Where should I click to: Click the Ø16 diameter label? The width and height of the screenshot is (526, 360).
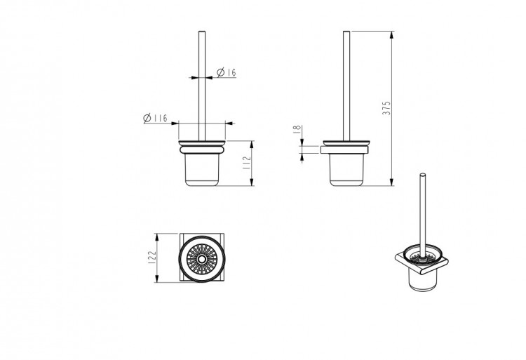[227, 72]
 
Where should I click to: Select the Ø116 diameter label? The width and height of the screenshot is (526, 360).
[155, 118]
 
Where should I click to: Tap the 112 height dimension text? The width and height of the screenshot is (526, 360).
[247, 163]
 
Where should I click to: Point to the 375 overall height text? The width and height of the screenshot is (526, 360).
[386, 108]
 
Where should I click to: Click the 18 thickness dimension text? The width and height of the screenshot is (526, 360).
[297, 130]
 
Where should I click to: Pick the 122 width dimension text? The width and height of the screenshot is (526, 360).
[152, 258]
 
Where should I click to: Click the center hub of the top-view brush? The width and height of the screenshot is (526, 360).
[201, 259]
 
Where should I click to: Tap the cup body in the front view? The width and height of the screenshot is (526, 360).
[202, 170]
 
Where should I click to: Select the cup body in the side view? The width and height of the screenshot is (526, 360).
[346, 170]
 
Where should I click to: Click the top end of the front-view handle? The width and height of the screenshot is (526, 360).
[202, 32]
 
